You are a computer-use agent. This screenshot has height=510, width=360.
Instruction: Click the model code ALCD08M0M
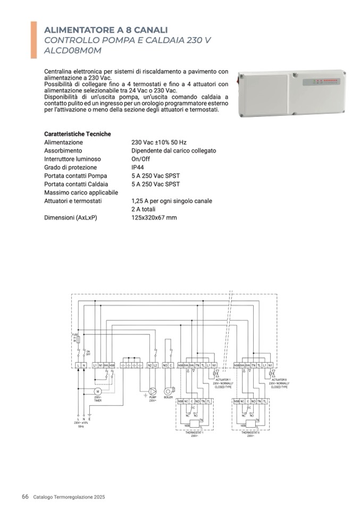click(x=72, y=51)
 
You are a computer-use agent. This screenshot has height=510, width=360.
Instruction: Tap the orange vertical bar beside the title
click(x=34, y=40)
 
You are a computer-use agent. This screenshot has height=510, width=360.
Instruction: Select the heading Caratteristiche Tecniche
click(x=78, y=134)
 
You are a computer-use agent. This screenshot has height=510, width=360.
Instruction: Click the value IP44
click(x=139, y=168)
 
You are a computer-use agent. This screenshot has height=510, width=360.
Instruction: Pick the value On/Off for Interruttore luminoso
click(x=140, y=159)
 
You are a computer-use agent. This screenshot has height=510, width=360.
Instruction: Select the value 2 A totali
click(x=145, y=210)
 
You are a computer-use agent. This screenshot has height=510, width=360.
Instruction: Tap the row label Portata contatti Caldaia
click(x=76, y=184)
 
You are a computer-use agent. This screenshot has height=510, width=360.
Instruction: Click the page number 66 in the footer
click(x=25, y=497)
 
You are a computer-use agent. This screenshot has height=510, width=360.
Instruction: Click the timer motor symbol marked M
click(x=97, y=391)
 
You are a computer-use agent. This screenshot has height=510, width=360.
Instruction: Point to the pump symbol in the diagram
click(x=152, y=390)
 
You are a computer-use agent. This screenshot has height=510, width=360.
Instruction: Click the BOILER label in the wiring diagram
click(x=169, y=397)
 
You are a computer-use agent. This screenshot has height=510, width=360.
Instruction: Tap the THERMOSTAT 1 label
click(x=195, y=433)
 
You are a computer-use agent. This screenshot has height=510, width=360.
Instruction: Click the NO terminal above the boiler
click(x=165, y=366)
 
